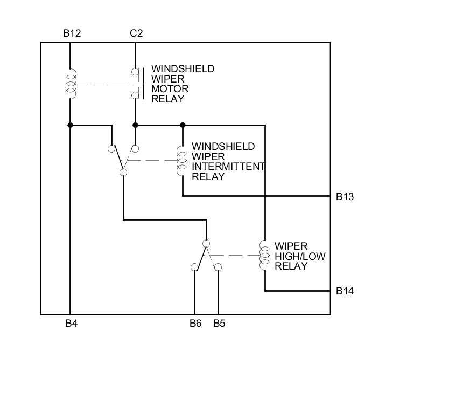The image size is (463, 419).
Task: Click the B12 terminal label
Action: pos(72,33)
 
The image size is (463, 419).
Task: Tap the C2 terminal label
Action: pos(136,33)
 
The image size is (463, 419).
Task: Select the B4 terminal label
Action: pos(72,324)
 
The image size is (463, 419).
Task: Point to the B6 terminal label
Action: pos(195,324)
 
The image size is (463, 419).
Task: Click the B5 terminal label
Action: pos(219,324)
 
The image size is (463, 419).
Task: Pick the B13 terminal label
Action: pos(345,196)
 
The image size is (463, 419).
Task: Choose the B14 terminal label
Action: pos(345,291)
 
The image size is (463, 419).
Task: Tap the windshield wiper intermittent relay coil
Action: pos(182,160)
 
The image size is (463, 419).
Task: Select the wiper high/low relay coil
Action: pos(264,255)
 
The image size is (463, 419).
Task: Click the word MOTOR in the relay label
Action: pos(170,89)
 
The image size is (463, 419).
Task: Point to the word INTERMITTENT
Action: pos(228,167)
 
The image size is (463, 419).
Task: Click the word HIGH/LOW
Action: pos(300,256)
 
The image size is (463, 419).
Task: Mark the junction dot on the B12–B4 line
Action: pos(70,125)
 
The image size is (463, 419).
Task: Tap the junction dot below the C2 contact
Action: pos(135,125)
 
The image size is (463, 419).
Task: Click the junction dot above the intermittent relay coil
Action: pos(183,125)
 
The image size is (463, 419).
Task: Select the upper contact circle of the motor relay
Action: pos(135,72)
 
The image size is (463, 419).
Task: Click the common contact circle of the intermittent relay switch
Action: pos(123,173)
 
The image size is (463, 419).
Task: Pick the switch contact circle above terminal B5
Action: pos(218,267)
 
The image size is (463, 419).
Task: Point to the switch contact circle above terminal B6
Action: pos(194,267)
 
